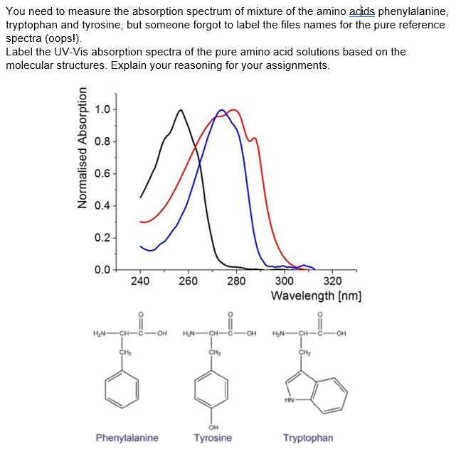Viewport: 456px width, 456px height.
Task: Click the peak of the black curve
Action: point(181,110)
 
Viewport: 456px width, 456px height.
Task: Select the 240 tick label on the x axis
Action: point(140,281)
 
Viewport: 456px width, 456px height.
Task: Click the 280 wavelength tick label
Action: point(236,281)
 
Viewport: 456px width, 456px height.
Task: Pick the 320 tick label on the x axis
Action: point(332,281)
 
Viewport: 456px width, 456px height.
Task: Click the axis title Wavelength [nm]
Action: point(317,295)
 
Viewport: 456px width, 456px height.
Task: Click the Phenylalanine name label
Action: point(127,438)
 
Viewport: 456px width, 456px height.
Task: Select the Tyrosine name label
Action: point(213,438)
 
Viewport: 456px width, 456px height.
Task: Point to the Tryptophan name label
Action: point(307,438)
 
